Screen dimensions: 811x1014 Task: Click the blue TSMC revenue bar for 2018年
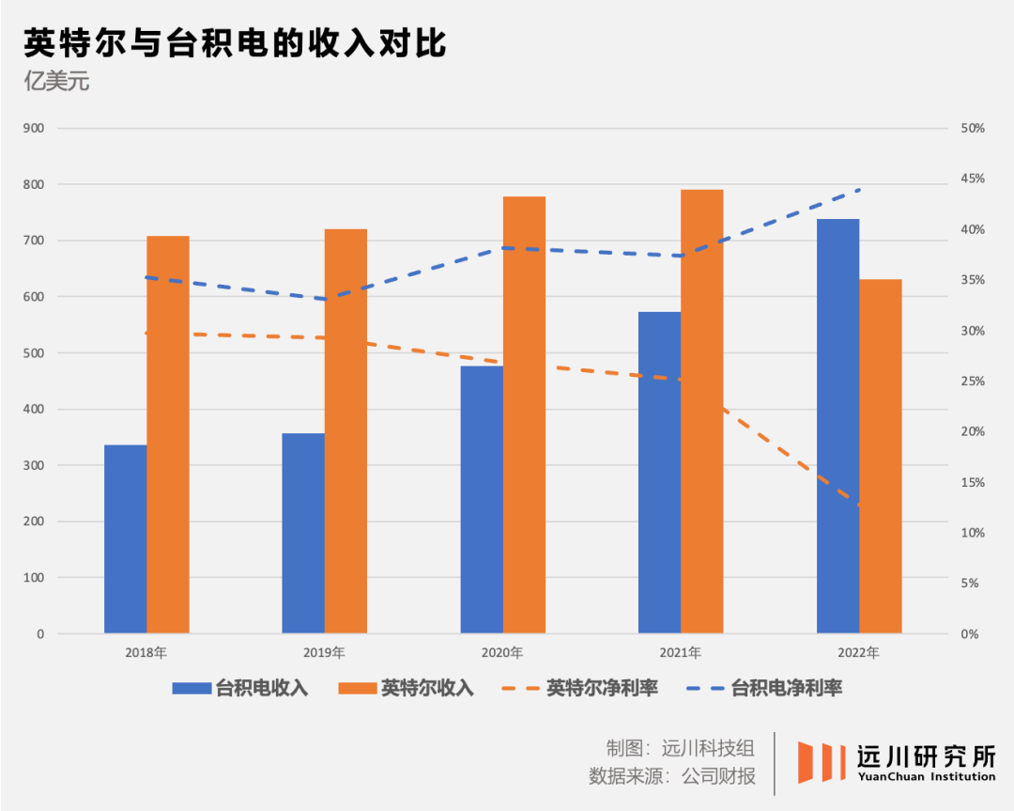point(125,538)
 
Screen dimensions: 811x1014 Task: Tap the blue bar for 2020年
point(482,499)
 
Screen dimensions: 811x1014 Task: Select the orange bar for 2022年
point(881,456)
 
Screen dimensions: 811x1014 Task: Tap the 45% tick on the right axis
point(972,179)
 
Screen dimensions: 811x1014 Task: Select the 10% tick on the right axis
point(972,533)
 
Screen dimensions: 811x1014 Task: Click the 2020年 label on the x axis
point(502,652)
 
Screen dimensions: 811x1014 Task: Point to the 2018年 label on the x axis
point(146,652)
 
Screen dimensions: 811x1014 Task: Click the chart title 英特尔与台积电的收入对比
point(235,43)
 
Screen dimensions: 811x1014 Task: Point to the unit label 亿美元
point(56,81)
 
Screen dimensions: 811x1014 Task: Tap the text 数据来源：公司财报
point(672,776)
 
